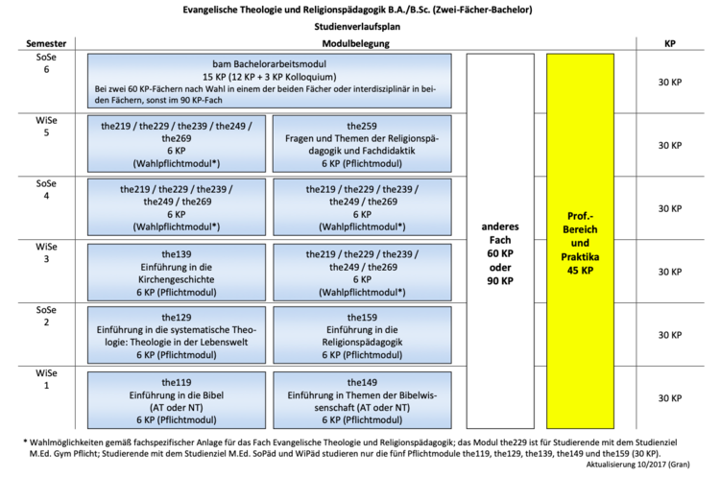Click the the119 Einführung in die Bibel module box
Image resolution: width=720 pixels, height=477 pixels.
click(x=175, y=397)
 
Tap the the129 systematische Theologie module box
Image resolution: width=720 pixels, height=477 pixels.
click(x=175, y=334)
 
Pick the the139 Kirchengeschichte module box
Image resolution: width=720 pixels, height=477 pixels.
click(x=175, y=272)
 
